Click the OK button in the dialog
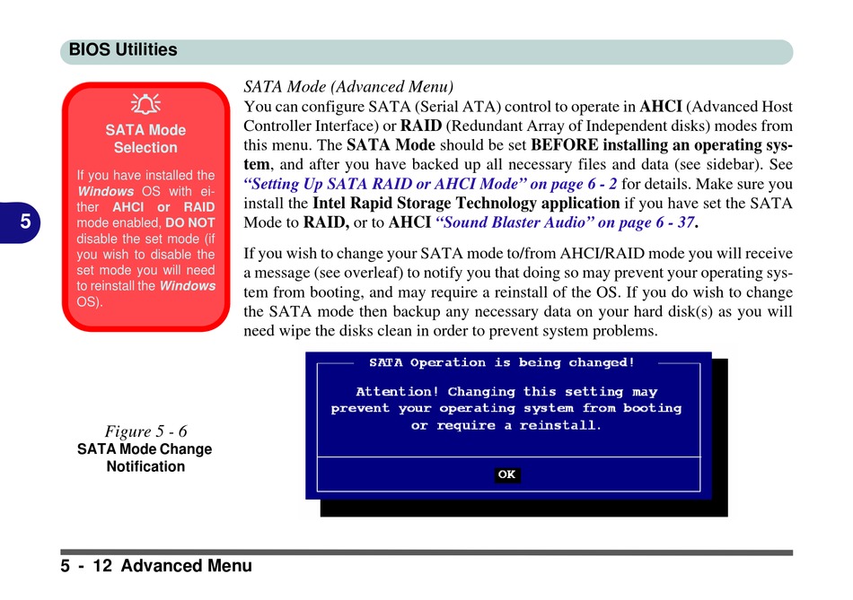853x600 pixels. tap(507, 474)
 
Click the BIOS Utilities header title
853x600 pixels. tap(123, 50)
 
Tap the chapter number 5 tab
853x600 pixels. tap(25, 222)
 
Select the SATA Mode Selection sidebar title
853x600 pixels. tap(145, 139)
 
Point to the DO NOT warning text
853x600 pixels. tap(190, 222)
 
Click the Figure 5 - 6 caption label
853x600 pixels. tap(145, 430)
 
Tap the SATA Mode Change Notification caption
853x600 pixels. tap(145, 457)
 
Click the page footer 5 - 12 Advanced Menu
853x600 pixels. tap(157, 566)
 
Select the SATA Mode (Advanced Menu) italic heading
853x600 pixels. tap(349, 87)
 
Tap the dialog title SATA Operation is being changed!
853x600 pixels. tap(502, 363)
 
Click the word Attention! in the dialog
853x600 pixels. tap(398, 392)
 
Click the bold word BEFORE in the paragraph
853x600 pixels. tap(565, 145)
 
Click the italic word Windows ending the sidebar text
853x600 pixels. tap(188, 286)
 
